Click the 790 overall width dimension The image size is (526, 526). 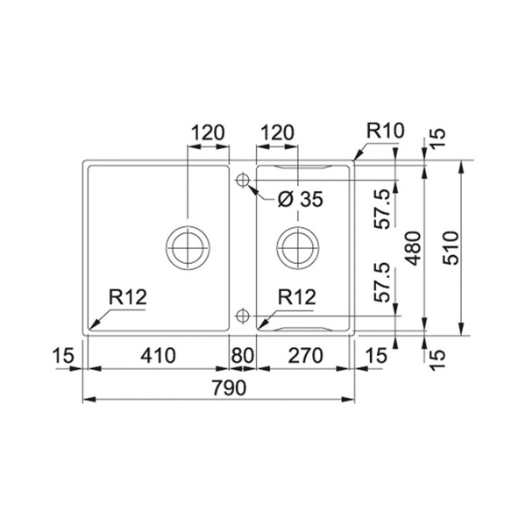(229, 387)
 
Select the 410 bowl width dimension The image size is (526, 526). (158, 356)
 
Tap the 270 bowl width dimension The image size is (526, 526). (306, 356)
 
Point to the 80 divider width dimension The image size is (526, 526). (242, 356)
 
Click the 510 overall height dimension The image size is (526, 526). (451, 248)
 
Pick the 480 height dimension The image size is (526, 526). (412, 248)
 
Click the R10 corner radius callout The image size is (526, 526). (385, 131)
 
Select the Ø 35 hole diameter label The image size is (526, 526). (300, 199)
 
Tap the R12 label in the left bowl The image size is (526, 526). (128, 297)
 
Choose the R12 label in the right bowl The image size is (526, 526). (297, 297)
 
